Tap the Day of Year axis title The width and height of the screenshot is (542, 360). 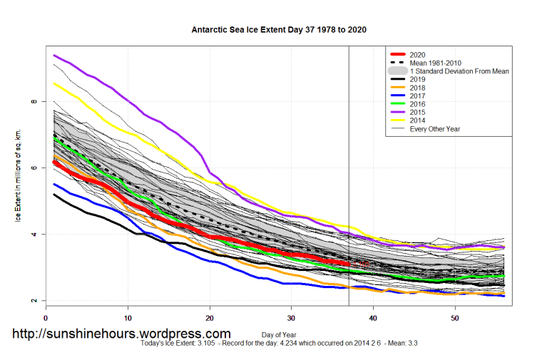pyautogui.click(x=279, y=334)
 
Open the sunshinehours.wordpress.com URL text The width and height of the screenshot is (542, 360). pyautogui.click(x=122, y=334)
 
